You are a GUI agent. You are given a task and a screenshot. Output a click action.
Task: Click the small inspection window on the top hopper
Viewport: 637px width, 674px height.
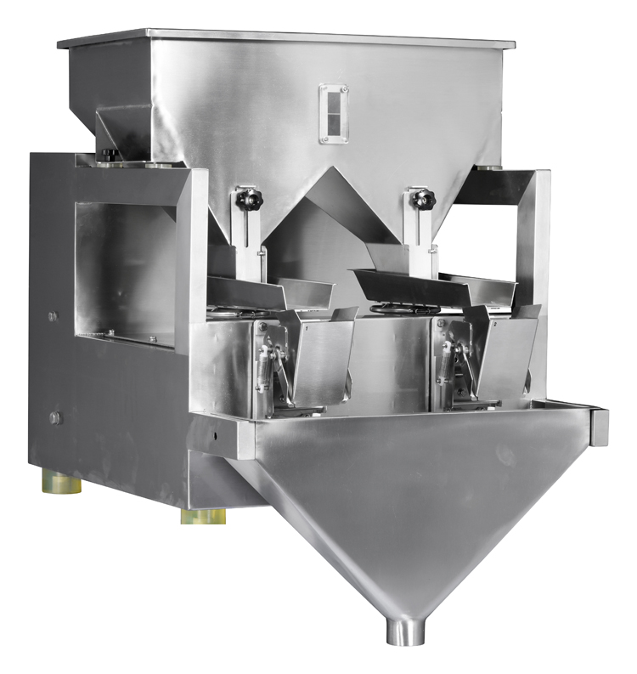pos(333,112)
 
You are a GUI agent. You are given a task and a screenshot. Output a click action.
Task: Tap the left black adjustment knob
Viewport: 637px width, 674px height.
pos(250,199)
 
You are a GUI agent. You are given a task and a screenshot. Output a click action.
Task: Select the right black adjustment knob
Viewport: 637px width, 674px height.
pos(421,199)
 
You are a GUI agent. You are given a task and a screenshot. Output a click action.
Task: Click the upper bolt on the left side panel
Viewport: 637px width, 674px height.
pos(53,316)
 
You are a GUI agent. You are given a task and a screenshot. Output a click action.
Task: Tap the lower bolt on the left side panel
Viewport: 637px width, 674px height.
pos(55,417)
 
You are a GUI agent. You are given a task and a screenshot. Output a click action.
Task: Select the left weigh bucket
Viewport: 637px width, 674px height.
pos(323,357)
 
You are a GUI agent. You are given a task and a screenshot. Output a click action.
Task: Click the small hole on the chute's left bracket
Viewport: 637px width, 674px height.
pos(217,433)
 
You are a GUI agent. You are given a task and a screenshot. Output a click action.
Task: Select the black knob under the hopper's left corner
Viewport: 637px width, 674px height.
pos(110,154)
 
